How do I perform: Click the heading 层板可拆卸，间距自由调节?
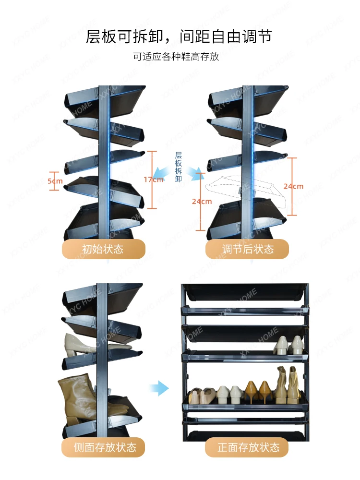click(179, 37)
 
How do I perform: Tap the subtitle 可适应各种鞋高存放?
click(176, 56)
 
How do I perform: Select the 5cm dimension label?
click(55, 181)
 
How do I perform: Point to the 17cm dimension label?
click(154, 180)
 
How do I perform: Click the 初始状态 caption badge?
click(104, 249)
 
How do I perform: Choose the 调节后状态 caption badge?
click(247, 249)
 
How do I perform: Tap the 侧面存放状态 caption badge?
click(104, 447)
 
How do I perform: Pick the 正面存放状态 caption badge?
click(247, 447)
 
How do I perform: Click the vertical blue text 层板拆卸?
click(179, 167)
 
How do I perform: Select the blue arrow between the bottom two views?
click(159, 388)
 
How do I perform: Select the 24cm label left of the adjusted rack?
click(202, 202)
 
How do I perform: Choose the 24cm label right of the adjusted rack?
click(293, 186)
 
